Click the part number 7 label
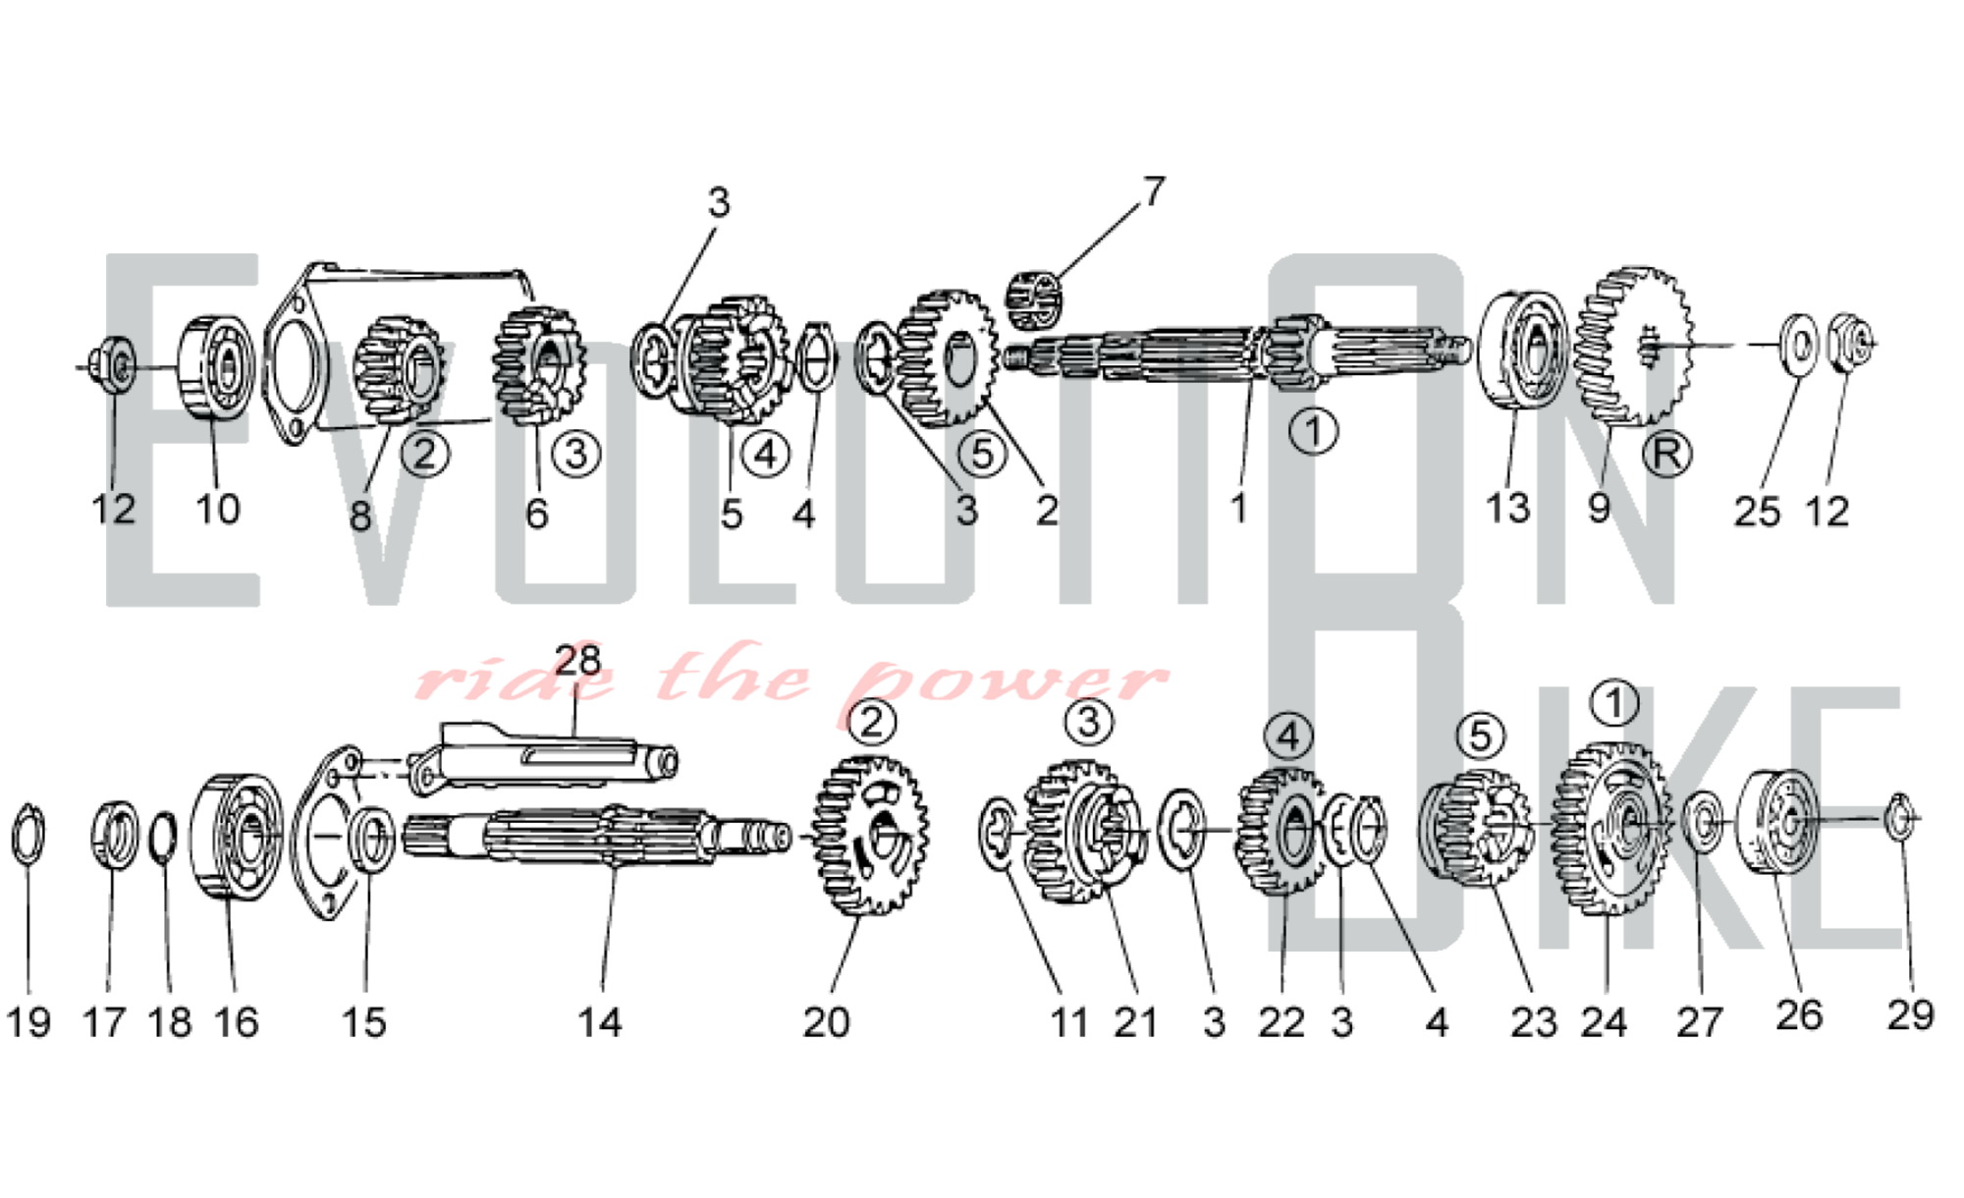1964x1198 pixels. (1155, 191)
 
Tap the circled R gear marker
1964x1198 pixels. (1666, 454)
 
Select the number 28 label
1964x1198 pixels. (577, 661)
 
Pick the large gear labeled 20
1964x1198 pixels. (869, 835)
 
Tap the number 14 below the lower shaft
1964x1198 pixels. (599, 1022)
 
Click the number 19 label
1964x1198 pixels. (28, 1022)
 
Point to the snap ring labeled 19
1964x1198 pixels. (27, 837)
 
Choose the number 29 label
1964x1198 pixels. (1910, 1014)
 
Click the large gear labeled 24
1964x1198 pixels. (1610, 830)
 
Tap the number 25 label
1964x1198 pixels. (1757, 512)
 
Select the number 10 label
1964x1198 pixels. (217, 509)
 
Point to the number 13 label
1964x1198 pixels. (1507, 508)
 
